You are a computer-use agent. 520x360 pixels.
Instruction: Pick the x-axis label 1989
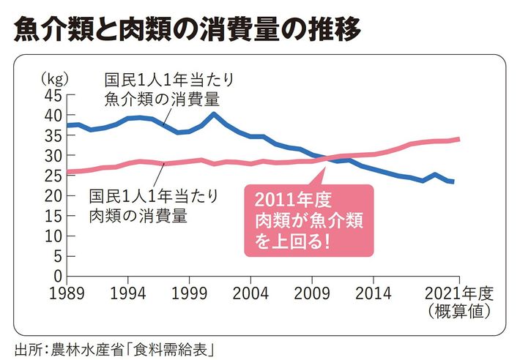tap(67, 293)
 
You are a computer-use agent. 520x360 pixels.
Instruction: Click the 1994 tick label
tap(128, 293)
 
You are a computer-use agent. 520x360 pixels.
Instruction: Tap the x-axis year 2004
tap(251, 293)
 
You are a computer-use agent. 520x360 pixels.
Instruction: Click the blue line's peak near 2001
tap(214, 113)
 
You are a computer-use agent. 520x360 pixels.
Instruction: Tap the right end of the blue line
tap(453, 181)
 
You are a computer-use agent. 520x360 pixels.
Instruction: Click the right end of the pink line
tap(458, 138)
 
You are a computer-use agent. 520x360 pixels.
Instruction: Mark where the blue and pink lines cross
tap(327, 158)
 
